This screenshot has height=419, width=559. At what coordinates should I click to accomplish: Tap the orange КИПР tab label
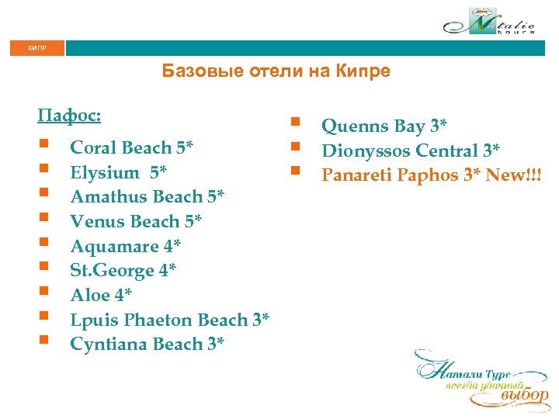[36, 48]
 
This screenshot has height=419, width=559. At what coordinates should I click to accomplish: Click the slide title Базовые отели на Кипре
[276, 72]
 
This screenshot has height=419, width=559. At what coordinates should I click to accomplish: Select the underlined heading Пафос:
[69, 116]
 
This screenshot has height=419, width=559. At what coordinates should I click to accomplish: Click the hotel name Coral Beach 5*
[131, 147]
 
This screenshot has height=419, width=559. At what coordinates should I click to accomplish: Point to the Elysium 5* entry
[119, 172]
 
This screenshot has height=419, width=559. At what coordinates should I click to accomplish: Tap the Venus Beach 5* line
[136, 222]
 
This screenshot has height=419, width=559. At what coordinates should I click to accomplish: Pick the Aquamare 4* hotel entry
[125, 247]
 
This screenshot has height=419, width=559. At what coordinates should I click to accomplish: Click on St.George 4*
[123, 271]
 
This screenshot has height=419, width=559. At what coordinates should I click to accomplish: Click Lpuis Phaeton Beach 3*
[169, 320]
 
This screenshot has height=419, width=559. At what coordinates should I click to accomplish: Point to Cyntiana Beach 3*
[148, 345]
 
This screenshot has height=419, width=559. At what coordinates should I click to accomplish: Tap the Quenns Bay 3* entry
[385, 126]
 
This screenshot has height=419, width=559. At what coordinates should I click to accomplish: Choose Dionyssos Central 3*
[411, 151]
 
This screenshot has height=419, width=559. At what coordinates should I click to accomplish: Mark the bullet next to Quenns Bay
[295, 122]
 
